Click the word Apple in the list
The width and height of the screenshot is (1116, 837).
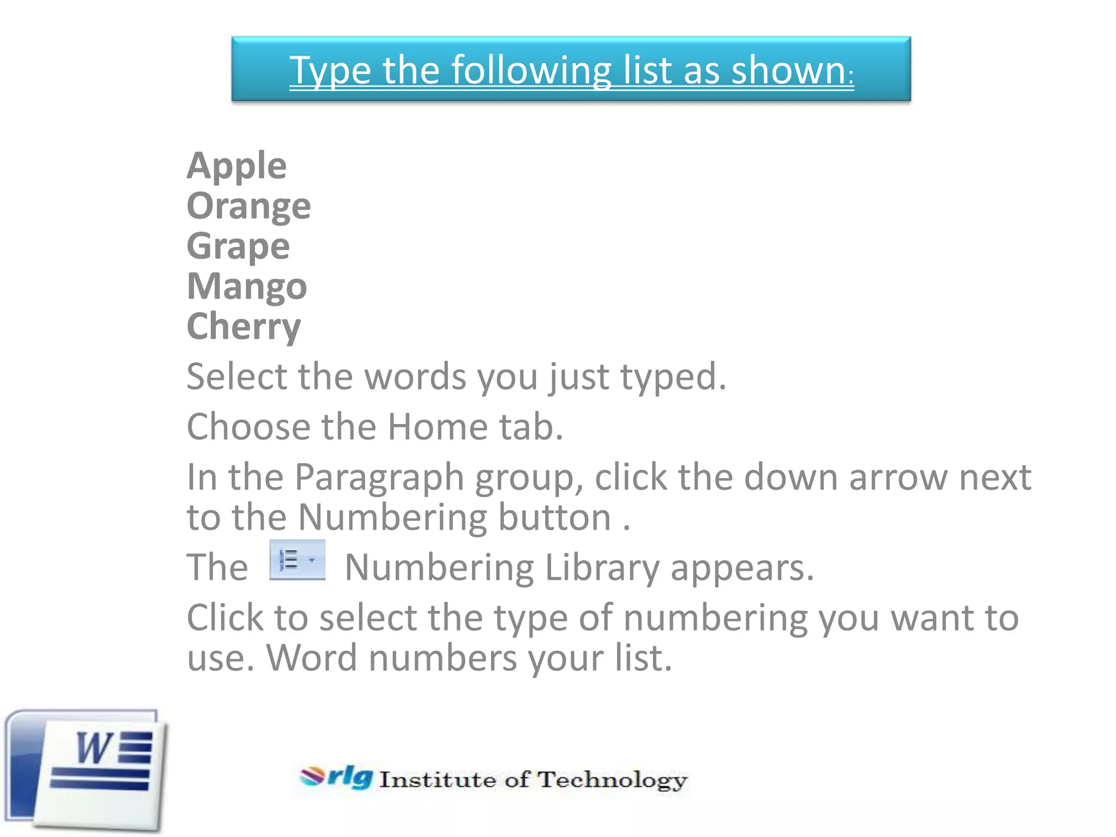(236, 166)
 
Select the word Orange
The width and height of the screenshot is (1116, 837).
(248, 206)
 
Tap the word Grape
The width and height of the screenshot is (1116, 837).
(238, 246)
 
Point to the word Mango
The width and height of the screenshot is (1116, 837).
(247, 287)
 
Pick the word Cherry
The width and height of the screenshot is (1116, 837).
(244, 326)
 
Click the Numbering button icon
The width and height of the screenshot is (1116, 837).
(297, 560)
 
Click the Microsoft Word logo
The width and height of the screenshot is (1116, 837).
(86, 770)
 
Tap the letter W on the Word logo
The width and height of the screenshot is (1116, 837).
(94, 748)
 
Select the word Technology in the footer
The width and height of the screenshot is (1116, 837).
(612, 780)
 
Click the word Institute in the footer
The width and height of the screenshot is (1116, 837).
(438, 780)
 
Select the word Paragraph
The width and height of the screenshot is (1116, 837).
(379, 477)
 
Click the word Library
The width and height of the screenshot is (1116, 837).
(602, 568)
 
